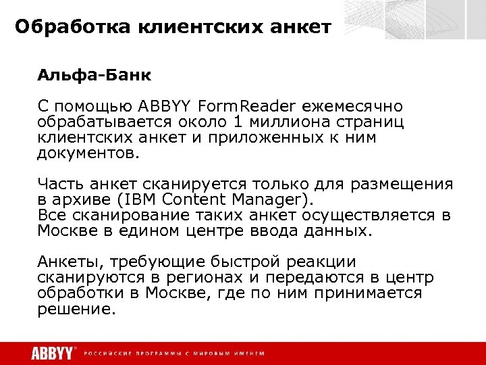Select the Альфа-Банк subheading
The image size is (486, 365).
pyautogui.click(x=84, y=74)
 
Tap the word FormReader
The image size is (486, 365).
pyautogui.click(x=246, y=106)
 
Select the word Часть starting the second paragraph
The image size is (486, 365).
pyautogui.click(x=59, y=185)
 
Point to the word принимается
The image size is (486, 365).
pyautogui.click(x=376, y=293)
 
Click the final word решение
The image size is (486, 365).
pyautogui.click(x=76, y=310)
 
